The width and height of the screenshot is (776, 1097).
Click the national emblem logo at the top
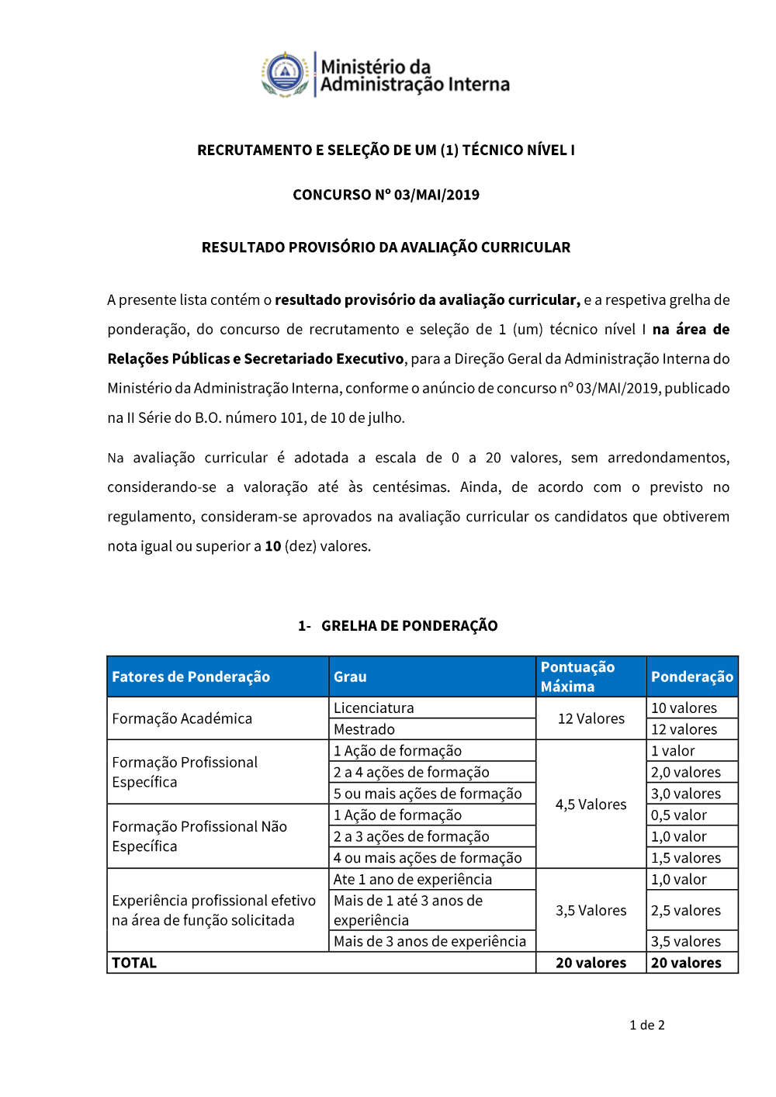286,74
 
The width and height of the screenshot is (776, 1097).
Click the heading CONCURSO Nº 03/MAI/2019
386,195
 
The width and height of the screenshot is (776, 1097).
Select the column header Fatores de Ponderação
191,677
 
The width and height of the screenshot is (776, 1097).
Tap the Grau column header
350,677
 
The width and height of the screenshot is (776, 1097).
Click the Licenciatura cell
374,708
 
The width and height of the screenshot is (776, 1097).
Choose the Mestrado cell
365,729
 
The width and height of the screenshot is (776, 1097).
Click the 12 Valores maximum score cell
591,718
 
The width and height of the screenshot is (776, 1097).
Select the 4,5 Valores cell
591,805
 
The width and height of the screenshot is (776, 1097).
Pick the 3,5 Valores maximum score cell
591,910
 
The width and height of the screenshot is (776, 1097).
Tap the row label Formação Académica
182,718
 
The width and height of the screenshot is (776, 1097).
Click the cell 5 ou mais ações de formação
428,794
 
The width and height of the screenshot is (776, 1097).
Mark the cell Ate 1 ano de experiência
413,879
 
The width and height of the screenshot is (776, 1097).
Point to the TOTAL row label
134,963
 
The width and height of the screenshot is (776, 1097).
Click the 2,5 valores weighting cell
686,910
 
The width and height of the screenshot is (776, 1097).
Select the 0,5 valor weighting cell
679,815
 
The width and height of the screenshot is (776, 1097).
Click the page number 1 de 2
647,1025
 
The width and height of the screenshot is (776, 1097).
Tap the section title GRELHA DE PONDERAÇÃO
409,626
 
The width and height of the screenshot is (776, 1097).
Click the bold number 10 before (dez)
272,546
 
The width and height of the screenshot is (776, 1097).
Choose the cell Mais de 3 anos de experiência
430,941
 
